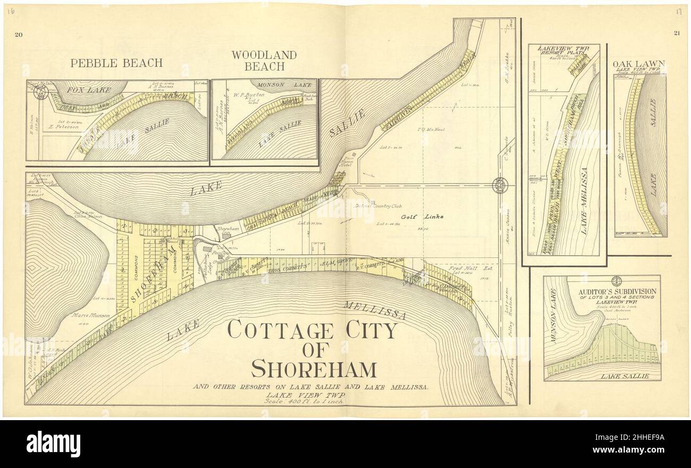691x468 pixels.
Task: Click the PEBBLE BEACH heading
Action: [116, 63]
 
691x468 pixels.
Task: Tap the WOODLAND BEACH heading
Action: [264, 61]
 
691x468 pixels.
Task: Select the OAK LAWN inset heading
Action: [642, 64]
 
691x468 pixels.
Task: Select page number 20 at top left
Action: [19, 35]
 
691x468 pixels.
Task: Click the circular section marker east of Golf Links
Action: [500, 185]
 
